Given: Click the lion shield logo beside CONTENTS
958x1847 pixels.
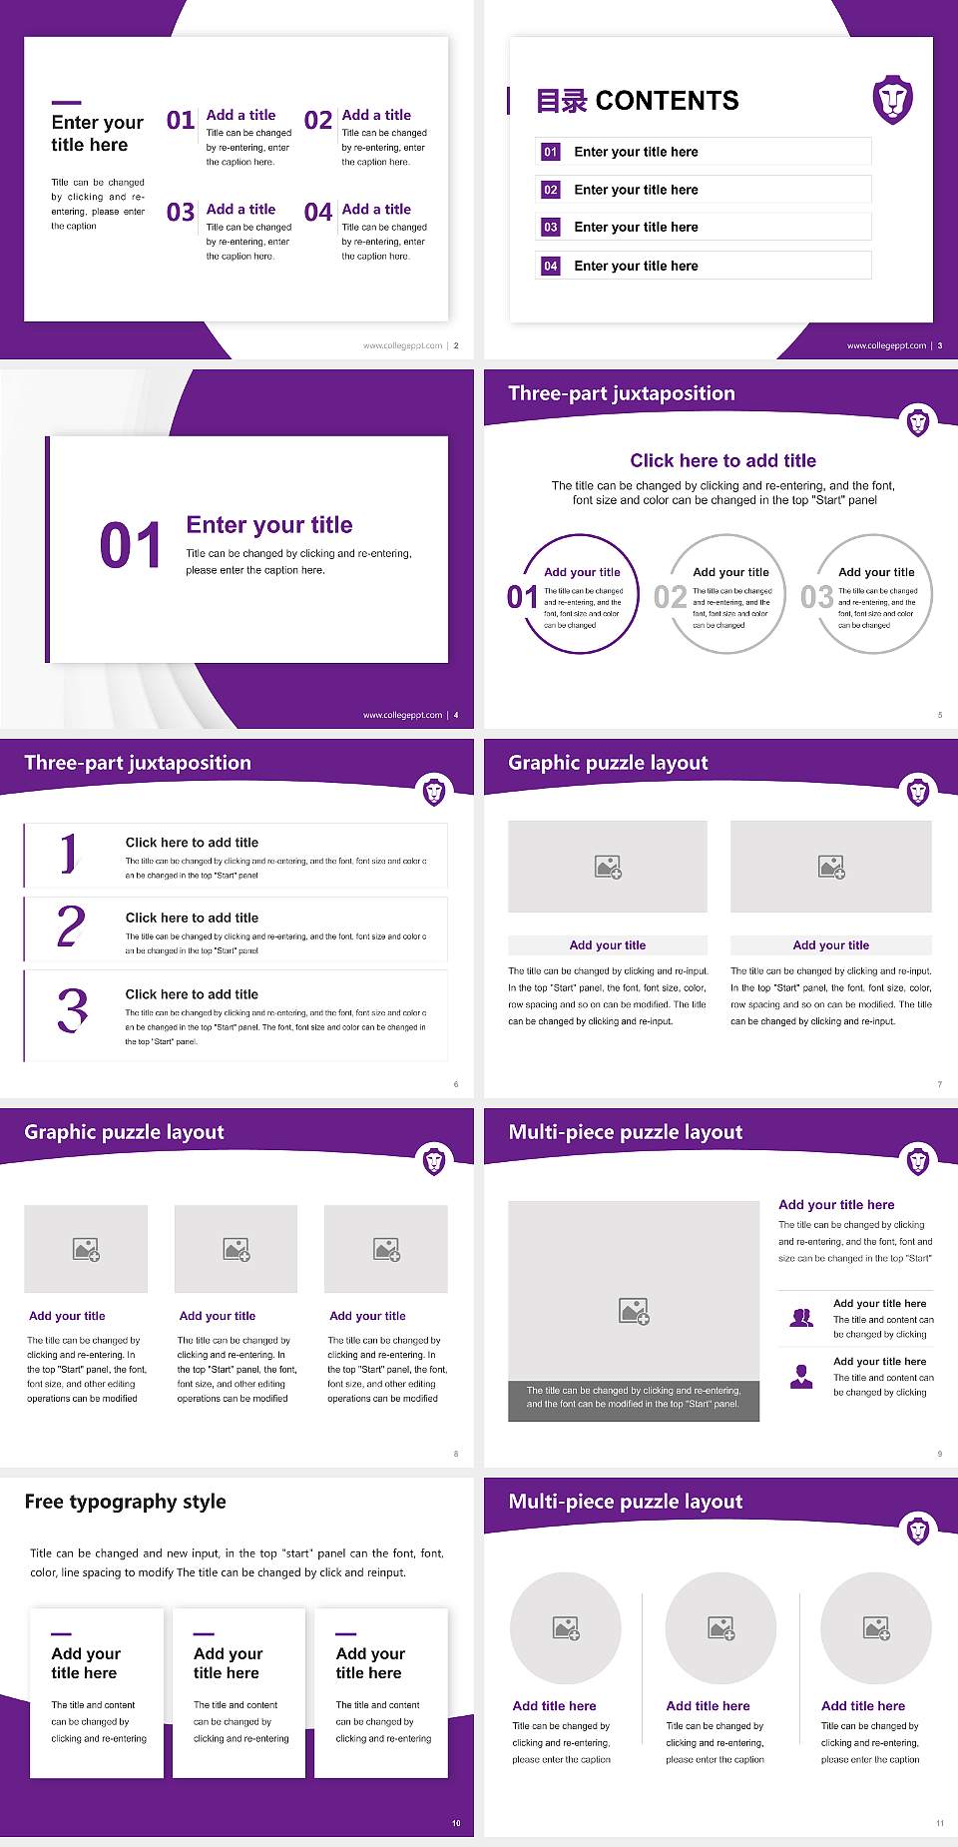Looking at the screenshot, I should [892, 99].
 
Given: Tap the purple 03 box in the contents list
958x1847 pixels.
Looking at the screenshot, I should [551, 228].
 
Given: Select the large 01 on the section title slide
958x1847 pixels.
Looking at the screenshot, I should [131, 546].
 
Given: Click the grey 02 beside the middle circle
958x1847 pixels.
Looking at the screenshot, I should [671, 597].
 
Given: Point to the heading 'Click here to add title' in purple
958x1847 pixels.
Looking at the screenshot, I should [722, 460].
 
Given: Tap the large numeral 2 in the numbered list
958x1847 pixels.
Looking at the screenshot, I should [71, 926].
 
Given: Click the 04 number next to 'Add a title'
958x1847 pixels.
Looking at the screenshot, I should [318, 213].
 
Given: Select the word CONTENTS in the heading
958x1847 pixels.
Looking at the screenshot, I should [667, 101].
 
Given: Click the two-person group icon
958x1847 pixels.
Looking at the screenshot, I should [801, 1318].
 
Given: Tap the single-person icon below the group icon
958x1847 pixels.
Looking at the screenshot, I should [801, 1377].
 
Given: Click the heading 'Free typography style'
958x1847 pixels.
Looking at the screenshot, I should [125, 1502].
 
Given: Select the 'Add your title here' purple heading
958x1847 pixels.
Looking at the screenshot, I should [836, 1205].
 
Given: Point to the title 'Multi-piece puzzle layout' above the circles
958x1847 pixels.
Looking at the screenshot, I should [626, 1502].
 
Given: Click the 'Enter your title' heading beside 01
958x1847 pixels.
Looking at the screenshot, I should [269, 525].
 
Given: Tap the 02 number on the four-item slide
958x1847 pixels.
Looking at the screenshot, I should [318, 121].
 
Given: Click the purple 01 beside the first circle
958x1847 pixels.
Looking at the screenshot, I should [522, 597].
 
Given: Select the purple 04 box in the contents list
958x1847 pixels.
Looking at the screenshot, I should [551, 267].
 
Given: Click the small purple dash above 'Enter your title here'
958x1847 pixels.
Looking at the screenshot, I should [66, 102].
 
